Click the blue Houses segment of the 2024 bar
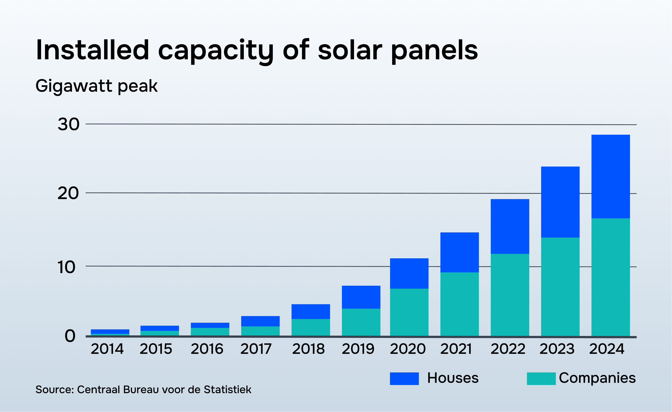click(610, 176)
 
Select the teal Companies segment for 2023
click(560, 286)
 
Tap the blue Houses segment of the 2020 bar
click(409, 273)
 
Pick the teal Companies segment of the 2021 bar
click(460, 304)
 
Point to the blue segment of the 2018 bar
click(311, 311)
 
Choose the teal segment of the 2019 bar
click(361, 322)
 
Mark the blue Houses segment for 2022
click(510, 226)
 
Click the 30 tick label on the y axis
click(68, 124)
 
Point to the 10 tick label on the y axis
click(66, 267)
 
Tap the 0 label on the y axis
click(70, 336)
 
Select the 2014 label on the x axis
click(107, 349)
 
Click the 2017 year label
click(256, 349)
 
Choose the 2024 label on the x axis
click(607, 349)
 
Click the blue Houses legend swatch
click(404, 378)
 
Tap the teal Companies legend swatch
click(541, 378)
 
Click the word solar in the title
click(350, 50)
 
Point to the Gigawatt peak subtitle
click(97, 86)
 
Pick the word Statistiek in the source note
click(227, 390)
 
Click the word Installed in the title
click(92, 50)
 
